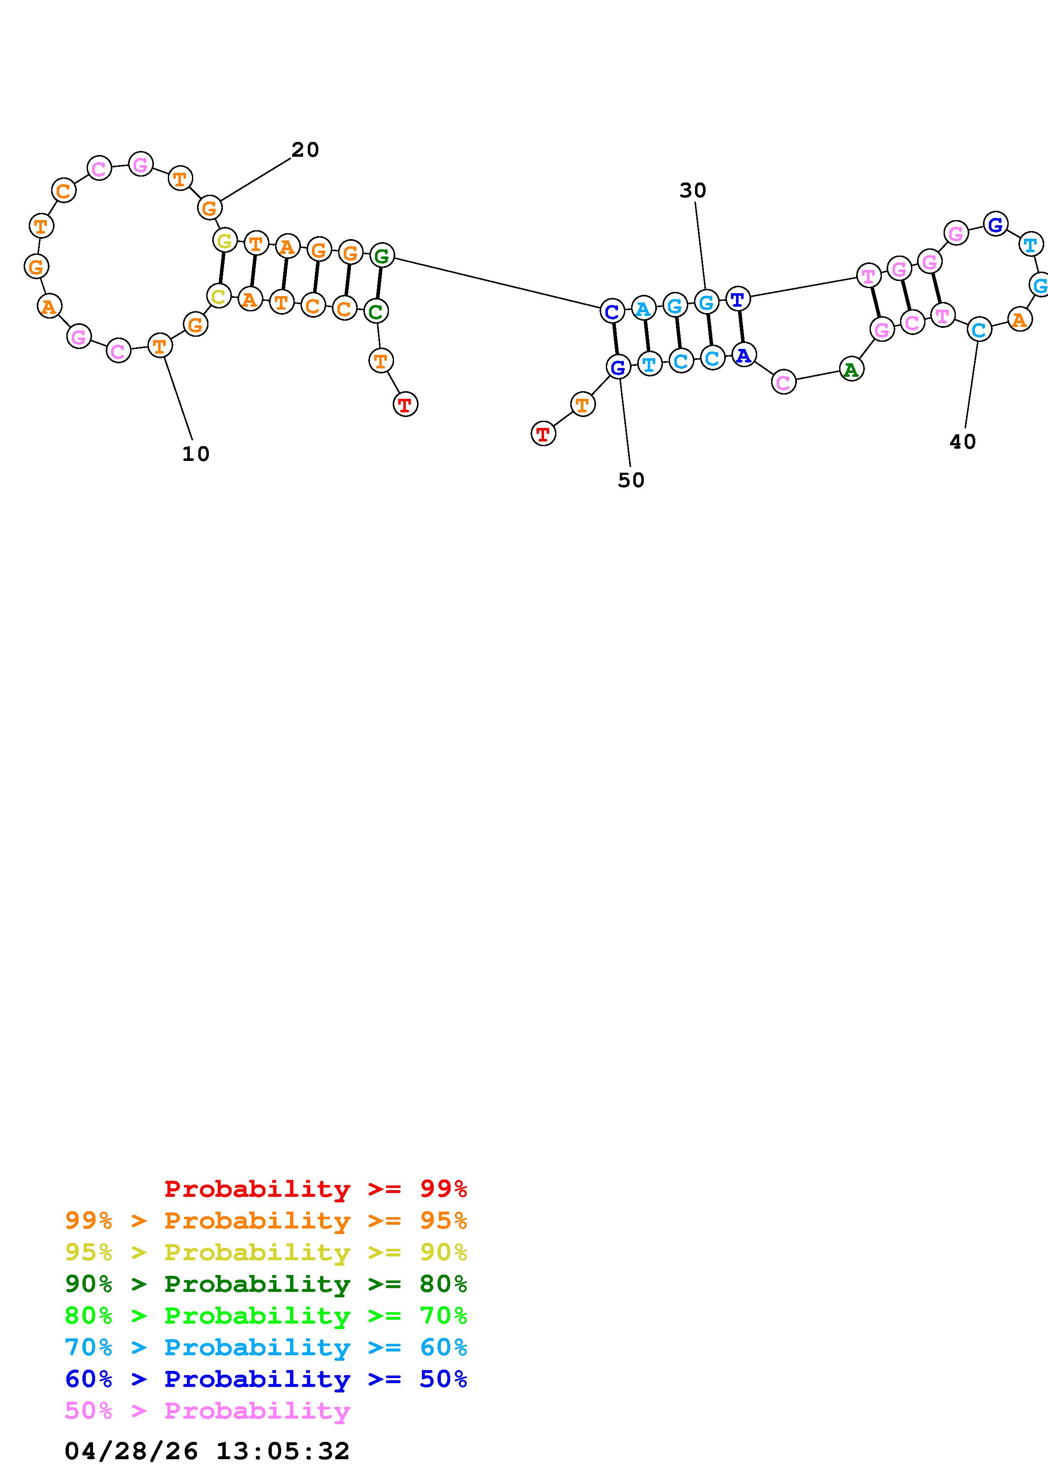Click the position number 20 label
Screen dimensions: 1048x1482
tap(305, 150)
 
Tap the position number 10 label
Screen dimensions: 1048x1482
tap(196, 454)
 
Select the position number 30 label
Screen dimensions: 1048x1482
tap(693, 191)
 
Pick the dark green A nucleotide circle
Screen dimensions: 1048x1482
tap(851, 369)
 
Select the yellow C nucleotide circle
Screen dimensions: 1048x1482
tap(219, 296)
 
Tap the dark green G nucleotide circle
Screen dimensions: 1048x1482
tap(382, 256)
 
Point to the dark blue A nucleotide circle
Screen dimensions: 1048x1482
tap(744, 354)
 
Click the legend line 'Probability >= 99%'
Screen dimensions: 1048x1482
tap(315, 1188)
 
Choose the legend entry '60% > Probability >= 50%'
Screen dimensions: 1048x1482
tap(266, 1379)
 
